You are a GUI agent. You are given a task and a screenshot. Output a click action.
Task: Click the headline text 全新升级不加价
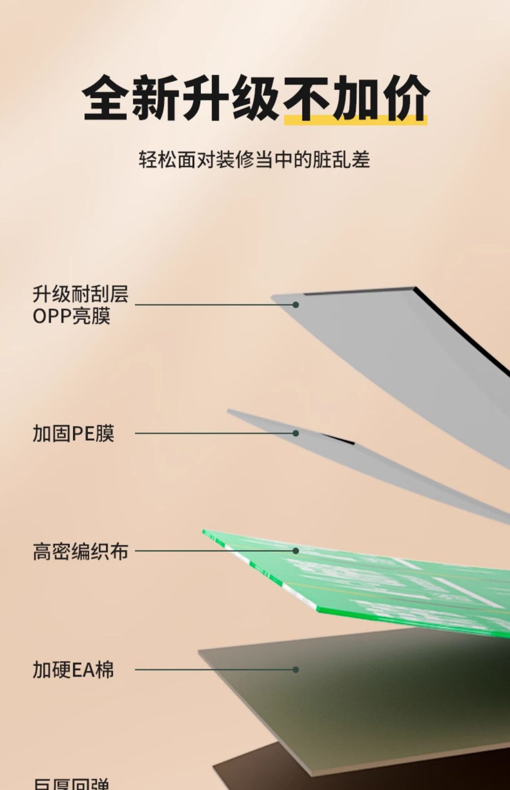click(255, 99)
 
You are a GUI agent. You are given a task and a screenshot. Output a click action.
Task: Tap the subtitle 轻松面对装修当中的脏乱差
click(254, 160)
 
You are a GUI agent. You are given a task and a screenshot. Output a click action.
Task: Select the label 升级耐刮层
click(81, 295)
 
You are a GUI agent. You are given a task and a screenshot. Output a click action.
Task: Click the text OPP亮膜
click(72, 316)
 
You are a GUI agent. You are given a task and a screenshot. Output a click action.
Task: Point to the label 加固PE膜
click(74, 433)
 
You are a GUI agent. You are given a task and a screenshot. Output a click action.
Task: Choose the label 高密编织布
click(81, 551)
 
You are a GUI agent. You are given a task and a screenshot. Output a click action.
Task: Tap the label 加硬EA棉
click(73, 670)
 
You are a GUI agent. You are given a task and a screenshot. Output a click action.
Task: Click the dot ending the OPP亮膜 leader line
click(295, 305)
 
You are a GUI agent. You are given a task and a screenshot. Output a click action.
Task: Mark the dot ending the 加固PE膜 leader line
click(295, 433)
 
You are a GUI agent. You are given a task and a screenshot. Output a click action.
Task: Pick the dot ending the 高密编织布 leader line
click(295, 551)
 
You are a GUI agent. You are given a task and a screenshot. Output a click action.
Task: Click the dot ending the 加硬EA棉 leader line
click(295, 670)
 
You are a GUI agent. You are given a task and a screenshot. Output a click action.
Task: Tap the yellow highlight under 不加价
click(355, 120)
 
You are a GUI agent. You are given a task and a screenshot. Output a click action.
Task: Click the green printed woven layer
click(391, 584)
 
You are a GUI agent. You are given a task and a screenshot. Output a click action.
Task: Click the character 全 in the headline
click(104, 99)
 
